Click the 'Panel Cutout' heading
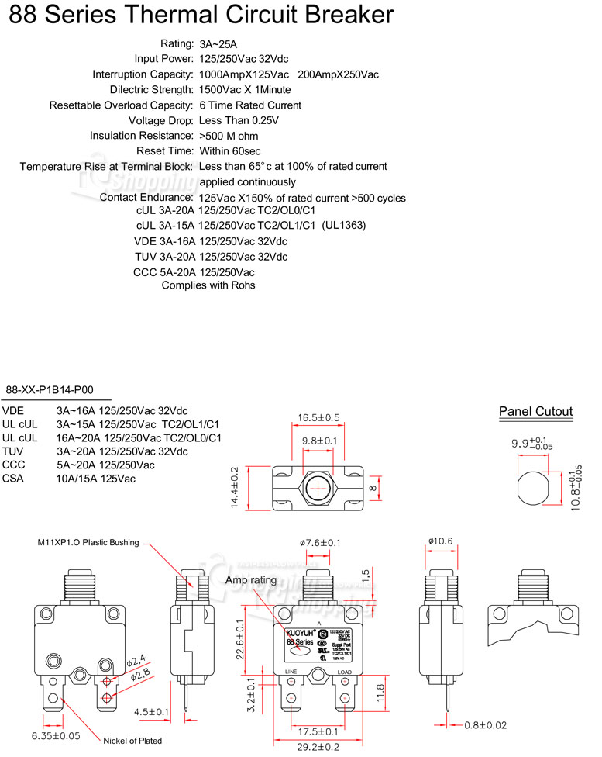(535, 412)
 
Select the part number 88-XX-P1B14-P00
(47, 391)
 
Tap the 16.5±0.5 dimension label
(318, 418)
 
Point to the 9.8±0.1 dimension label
(318, 441)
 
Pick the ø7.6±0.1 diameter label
(320, 543)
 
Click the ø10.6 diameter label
(439, 541)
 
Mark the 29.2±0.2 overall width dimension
(317, 747)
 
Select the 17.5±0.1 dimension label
(317, 731)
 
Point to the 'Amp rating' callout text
(250, 580)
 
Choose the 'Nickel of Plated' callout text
(132, 741)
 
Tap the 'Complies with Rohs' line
(208, 285)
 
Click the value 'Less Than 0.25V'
(239, 120)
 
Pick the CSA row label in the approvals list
(14, 479)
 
